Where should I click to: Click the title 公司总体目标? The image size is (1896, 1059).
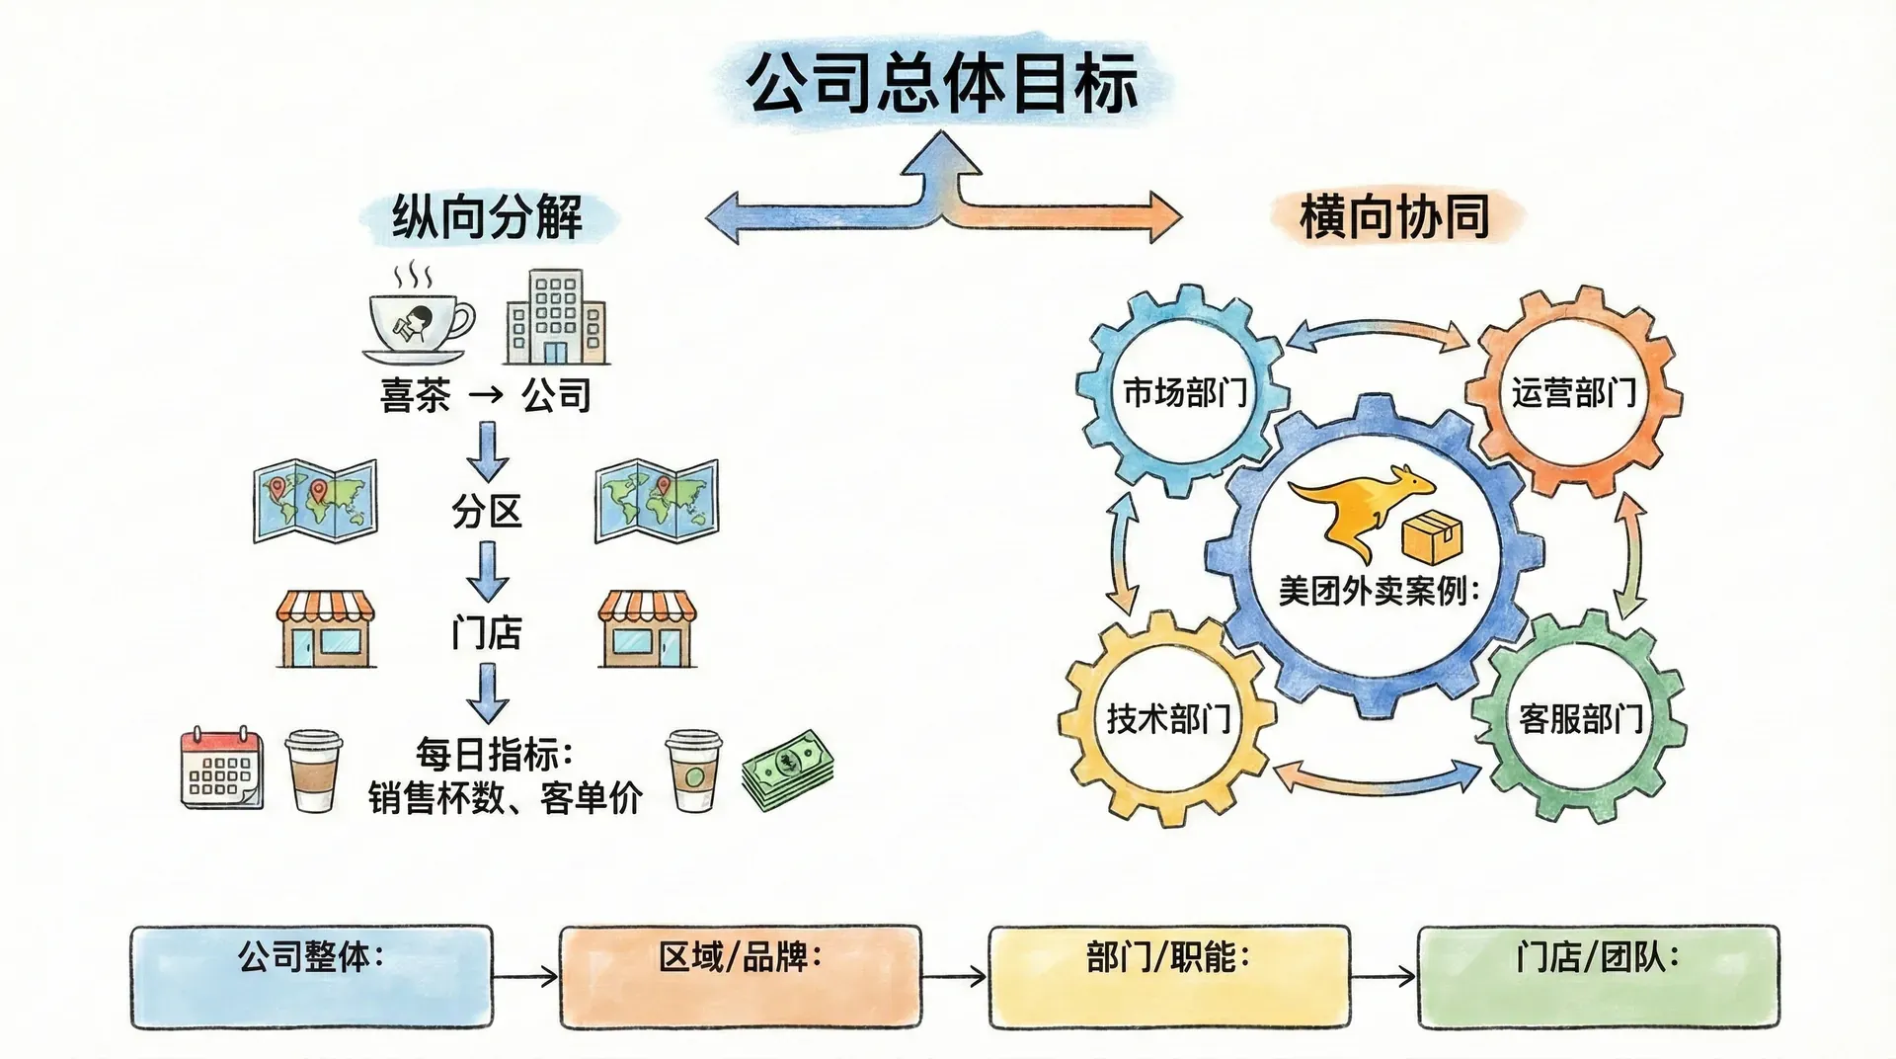point(943,83)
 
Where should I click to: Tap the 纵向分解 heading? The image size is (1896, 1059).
point(487,216)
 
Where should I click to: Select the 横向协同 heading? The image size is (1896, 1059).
point(1393,216)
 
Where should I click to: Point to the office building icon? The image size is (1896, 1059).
point(556,318)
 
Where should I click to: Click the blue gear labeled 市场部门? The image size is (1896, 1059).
point(1184,392)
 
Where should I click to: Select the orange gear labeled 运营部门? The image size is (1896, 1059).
point(1573,392)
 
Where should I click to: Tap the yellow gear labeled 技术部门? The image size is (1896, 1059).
point(1168,718)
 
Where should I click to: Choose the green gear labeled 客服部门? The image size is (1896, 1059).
point(1580,718)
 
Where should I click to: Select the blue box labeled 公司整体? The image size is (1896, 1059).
point(311,976)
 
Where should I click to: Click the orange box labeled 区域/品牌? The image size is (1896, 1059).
point(740,976)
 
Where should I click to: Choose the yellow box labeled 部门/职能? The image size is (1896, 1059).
point(1168,976)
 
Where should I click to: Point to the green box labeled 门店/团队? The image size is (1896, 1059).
point(1598,976)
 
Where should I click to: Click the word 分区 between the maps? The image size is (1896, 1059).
point(486,512)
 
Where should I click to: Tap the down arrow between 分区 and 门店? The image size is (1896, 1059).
point(487,572)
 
